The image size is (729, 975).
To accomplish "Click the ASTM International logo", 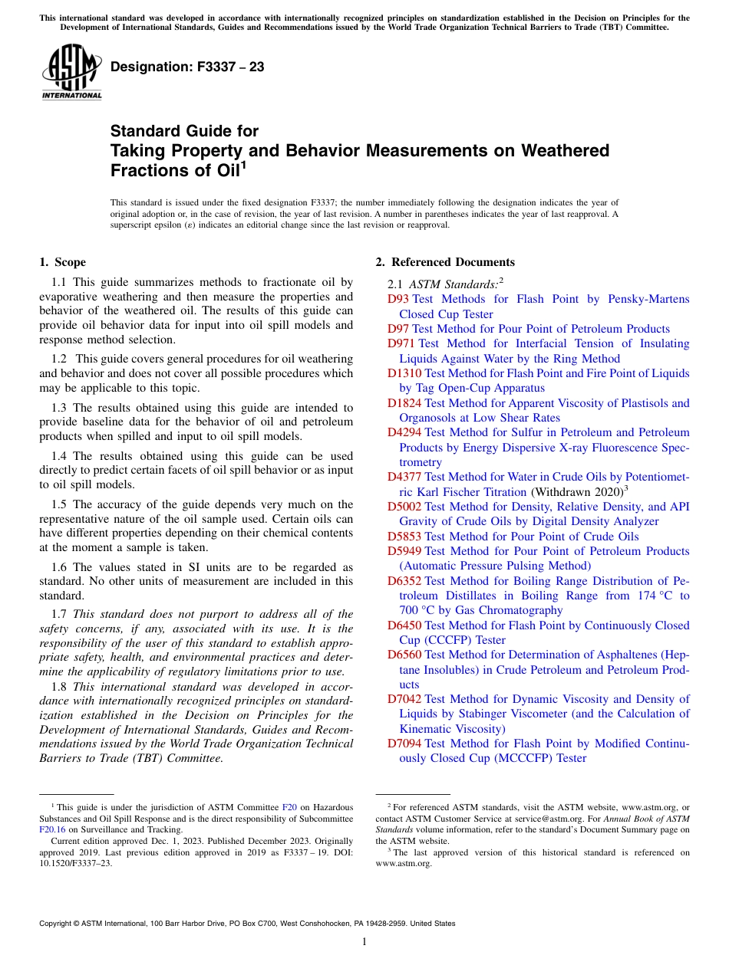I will click(71, 71).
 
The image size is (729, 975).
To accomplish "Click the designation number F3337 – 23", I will click(187, 67).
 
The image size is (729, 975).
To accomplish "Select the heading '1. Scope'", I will click(63, 262).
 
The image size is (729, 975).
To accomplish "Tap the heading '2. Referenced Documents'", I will click(445, 262).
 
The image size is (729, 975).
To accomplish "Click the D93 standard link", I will click(397, 300).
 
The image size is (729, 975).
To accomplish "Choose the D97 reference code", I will click(397, 329).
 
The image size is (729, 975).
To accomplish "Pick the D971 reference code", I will click(401, 344).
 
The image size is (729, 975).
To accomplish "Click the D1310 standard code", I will click(404, 373).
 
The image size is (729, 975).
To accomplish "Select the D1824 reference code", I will click(404, 403).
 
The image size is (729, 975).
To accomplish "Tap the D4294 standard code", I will click(404, 433).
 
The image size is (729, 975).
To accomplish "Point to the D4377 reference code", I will click(404, 478).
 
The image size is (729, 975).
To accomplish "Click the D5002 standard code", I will click(404, 507).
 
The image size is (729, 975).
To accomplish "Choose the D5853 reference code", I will click(404, 537).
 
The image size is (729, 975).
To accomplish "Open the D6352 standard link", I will click(404, 581).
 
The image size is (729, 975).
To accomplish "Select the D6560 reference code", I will click(404, 655).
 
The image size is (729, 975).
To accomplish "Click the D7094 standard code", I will click(404, 744).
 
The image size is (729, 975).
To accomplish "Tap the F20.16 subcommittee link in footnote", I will click(52, 829).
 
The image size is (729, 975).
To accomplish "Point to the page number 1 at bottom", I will click(364, 942).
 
